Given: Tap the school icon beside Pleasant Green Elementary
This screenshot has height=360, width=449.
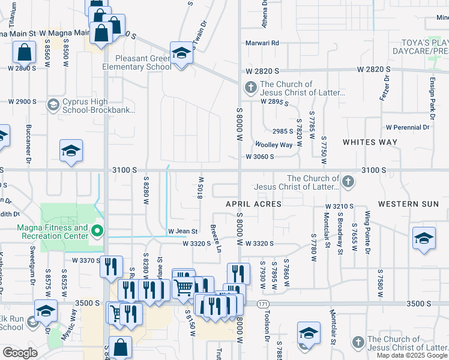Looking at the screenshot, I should coord(181,53).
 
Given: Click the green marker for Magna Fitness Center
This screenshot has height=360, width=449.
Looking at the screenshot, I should coord(97,230).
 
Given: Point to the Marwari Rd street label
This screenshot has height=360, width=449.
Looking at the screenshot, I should coord(263,43).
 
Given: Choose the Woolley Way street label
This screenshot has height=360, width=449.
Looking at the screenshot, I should coord(274,145).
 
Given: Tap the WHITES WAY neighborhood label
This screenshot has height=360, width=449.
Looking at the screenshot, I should coord(370,142).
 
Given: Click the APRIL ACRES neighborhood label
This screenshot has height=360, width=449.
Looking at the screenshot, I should coord(253,204).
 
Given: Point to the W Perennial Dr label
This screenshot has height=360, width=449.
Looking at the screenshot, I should coord(408,127).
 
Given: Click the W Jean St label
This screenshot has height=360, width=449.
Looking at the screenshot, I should coord(182,231).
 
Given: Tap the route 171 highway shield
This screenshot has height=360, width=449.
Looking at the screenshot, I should coord(263,304).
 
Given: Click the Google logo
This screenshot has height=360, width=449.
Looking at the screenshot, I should coord(20,353).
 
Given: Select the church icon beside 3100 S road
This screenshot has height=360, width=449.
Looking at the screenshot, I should coord(347,181).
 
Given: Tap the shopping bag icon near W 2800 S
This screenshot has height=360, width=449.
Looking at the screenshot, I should coord(25,53).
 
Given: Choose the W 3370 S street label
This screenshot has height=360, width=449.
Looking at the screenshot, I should coord(86,260).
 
